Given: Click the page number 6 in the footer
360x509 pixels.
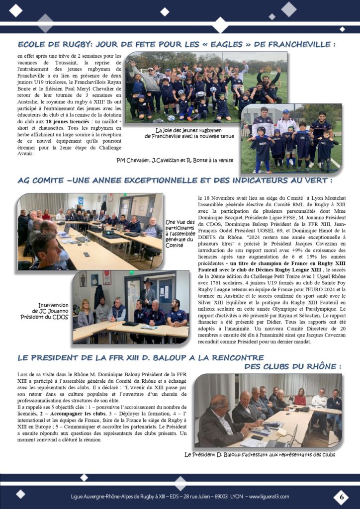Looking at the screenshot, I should point(341,497).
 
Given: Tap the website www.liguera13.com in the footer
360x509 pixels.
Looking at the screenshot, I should point(269,497).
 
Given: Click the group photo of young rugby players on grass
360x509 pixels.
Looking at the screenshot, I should point(206,87).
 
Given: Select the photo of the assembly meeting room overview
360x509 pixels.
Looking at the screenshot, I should point(90,231).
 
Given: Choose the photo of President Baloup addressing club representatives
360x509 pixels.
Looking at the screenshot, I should point(268,411).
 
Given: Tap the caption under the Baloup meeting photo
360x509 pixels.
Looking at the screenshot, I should point(260,454).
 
